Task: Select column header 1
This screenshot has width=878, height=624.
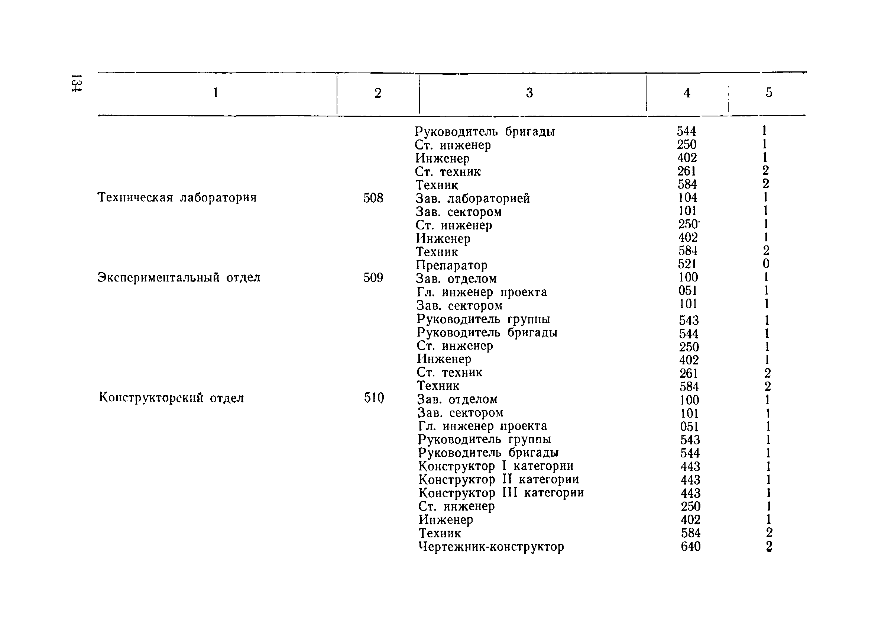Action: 216,93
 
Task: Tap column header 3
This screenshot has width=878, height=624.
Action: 529,93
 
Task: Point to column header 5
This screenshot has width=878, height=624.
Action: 769,93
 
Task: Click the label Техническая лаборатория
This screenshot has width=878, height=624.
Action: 177,197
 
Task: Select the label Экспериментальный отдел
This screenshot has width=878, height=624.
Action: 179,277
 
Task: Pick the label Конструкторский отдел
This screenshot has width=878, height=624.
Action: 171,398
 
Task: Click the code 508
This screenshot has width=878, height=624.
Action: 373,198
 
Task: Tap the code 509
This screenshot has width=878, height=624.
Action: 373,278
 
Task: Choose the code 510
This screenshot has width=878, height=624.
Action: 374,398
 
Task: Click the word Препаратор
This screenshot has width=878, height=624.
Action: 452,265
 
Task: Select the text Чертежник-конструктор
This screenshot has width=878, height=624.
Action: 491,546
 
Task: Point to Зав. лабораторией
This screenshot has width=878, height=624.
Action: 473,199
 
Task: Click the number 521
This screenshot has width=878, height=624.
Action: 687,264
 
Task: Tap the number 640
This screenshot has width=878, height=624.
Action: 691,546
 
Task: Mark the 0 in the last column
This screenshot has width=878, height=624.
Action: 766,264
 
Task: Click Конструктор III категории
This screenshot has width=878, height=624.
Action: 501,493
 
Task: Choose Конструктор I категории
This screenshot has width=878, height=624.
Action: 496,466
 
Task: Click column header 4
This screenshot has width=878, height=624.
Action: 687,93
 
